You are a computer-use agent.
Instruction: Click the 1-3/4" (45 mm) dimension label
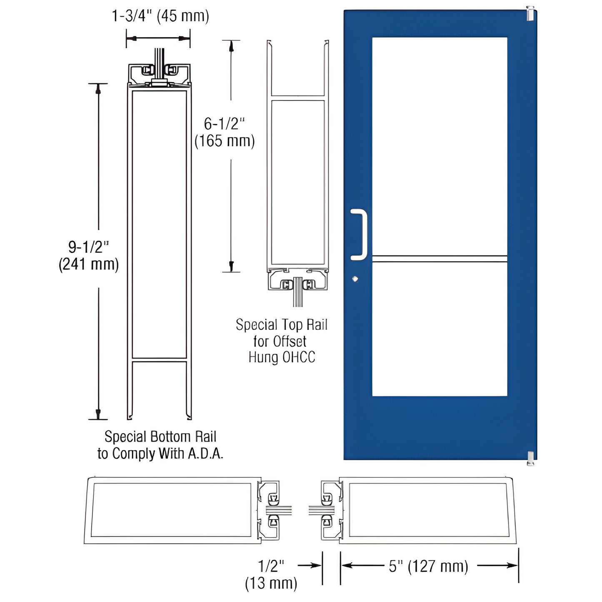pyautogui.click(x=160, y=16)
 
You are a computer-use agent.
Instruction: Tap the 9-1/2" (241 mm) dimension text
pyautogui.click(x=88, y=256)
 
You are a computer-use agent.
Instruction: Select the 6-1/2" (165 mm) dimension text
pyautogui.click(x=224, y=132)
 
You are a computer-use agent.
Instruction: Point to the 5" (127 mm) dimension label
pyautogui.click(x=428, y=567)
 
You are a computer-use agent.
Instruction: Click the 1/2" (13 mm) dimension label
pyautogui.click(x=271, y=575)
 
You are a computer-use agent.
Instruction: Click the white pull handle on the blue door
pyautogui.click(x=359, y=235)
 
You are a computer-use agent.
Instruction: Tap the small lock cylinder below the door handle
pyautogui.click(x=355, y=279)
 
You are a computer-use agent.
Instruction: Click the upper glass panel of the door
pyautogui.click(x=440, y=146)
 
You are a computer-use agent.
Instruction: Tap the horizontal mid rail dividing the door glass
pyautogui.click(x=440, y=259)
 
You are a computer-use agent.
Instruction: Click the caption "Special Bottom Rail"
pyautogui.click(x=160, y=437)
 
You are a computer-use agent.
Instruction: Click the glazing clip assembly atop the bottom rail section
pyautogui.click(x=159, y=74)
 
